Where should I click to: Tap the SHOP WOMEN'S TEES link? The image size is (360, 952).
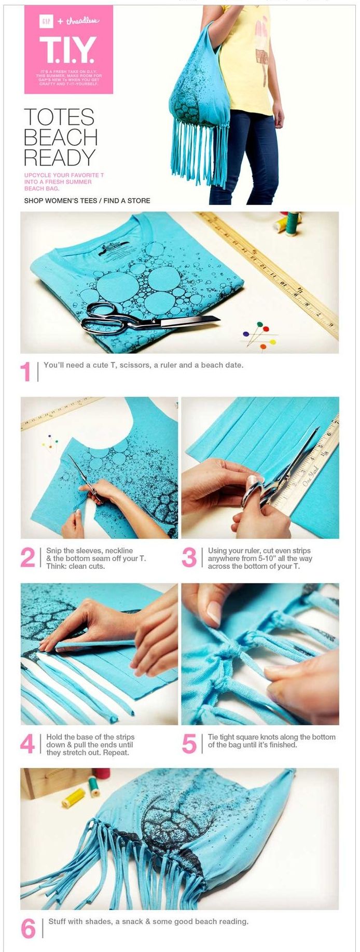(x=60, y=201)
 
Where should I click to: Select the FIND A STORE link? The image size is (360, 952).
(x=127, y=201)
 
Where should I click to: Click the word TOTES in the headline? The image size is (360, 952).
(x=59, y=117)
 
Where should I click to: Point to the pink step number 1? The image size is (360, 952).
(x=26, y=372)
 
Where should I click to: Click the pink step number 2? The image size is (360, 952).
(x=27, y=558)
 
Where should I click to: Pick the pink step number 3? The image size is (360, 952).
(x=189, y=558)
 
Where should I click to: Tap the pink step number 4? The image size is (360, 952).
(x=27, y=744)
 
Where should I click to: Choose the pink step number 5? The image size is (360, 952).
(x=189, y=744)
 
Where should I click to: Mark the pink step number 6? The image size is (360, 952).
(x=28, y=929)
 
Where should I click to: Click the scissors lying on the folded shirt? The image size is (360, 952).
(x=145, y=319)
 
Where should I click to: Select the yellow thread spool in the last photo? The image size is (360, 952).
(x=73, y=798)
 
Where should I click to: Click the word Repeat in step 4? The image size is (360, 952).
(x=119, y=752)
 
